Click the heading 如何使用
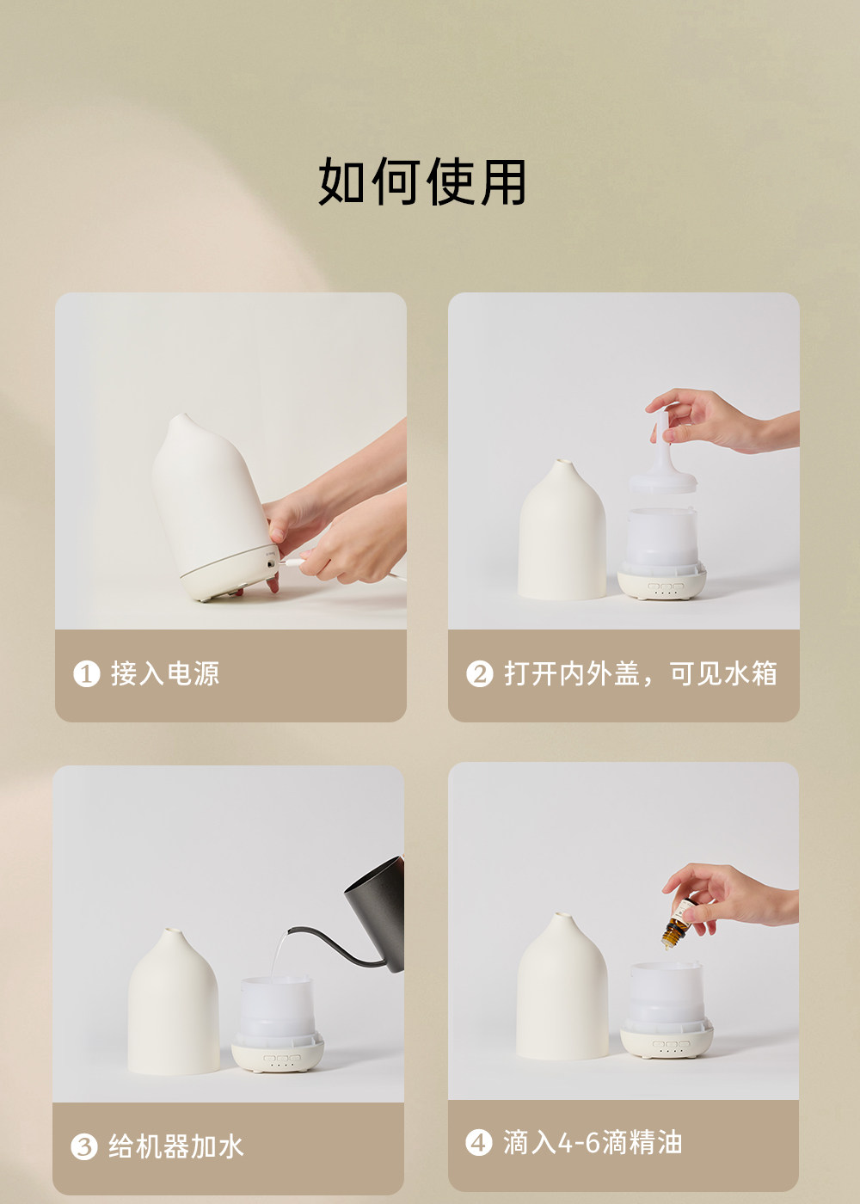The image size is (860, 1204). [x=422, y=181]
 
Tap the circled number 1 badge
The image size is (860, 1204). [x=87, y=673]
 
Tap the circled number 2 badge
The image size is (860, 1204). [x=480, y=673]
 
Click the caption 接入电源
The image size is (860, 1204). [x=165, y=673]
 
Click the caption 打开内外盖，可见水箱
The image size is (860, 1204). [x=640, y=673]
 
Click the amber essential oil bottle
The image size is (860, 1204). [x=679, y=923]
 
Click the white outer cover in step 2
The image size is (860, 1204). [x=562, y=531]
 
